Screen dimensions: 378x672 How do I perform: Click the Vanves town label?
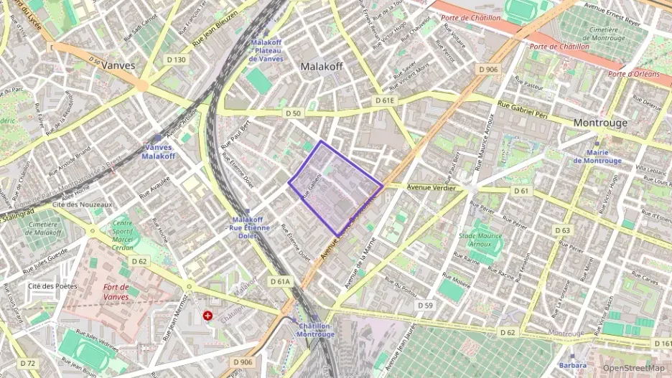[x=118, y=65]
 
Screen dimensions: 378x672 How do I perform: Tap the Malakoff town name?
[x=322, y=66]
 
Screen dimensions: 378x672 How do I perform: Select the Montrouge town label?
[x=600, y=123]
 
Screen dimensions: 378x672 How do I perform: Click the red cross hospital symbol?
[x=208, y=315]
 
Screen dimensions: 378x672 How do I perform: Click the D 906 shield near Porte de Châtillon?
[x=487, y=69]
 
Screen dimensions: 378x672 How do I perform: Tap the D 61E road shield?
[x=385, y=101]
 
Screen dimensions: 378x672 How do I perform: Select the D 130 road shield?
[x=176, y=60]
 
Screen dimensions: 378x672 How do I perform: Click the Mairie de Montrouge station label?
[x=597, y=156]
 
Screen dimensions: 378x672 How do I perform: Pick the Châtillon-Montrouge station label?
[x=315, y=330]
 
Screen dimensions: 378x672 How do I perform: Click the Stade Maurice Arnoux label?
[x=475, y=240]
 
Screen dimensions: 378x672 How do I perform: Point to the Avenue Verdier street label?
[x=427, y=188]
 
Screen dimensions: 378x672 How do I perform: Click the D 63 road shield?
[x=562, y=230]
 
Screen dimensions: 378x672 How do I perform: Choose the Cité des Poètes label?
[x=52, y=286]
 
